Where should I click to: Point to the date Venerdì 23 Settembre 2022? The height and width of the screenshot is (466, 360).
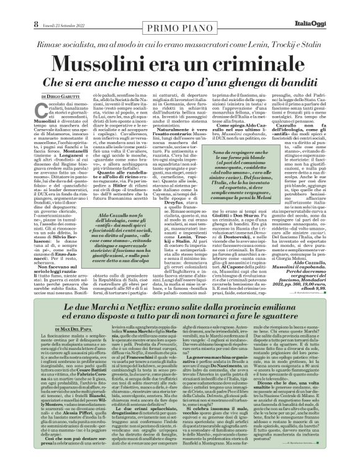click(45, 7)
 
